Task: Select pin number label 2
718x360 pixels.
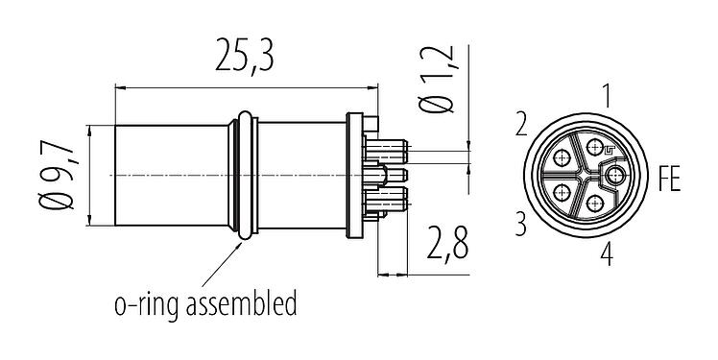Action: tap(522, 125)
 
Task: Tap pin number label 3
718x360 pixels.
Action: tap(522, 225)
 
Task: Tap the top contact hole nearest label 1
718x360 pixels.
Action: tap(596, 146)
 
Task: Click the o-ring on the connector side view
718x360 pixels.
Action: tap(247, 175)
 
